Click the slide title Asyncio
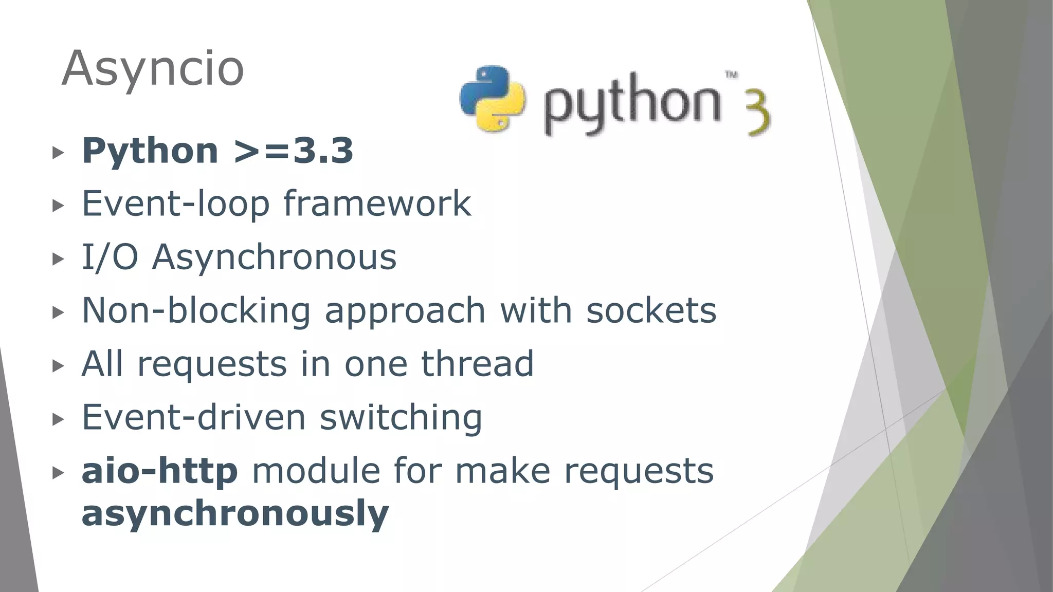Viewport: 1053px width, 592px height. tap(153, 69)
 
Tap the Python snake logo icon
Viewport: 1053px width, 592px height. tap(492, 99)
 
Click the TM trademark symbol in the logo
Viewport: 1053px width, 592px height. tap(731, 75)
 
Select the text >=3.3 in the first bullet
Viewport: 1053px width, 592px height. tap(293, 151)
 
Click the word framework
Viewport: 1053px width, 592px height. tap(377, 204)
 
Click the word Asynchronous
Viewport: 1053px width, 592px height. tap(274, 257)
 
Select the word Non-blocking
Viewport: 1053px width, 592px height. tap(196, 311)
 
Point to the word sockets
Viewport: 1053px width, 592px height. tap(651, 311)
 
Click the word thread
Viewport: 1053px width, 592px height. tap(478, 364)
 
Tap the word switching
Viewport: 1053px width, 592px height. tap(401, 417)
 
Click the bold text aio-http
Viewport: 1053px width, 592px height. tap(159, 471)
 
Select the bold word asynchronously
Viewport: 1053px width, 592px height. tap(235, 513)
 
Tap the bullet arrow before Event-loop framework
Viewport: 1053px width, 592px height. tap(58, 206)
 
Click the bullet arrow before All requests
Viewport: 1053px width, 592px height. tap(58, 366)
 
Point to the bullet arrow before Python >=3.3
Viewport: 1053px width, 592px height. tap(58, 153)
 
